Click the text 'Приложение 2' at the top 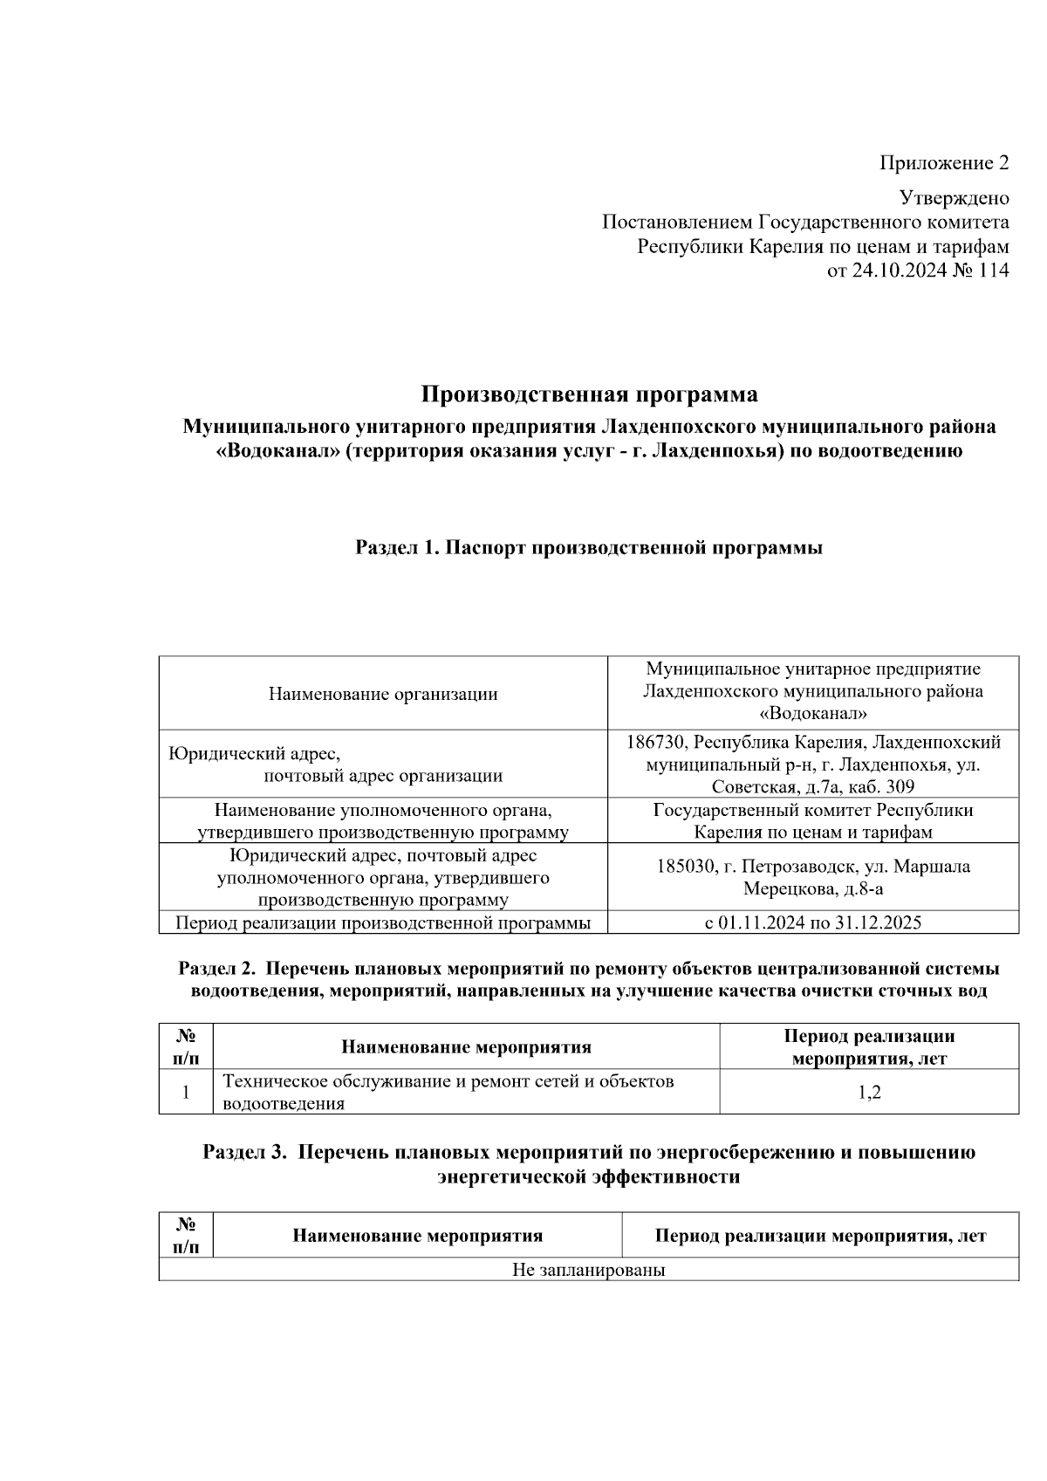944,163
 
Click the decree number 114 994,271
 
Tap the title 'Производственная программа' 589,394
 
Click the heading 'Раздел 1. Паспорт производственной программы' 589,548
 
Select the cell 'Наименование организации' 383,694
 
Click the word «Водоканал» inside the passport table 812,714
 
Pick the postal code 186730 656,743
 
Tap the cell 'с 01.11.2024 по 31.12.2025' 812,922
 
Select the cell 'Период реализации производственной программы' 383,922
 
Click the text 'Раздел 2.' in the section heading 217,969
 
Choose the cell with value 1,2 869,1092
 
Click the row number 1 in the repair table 186,1092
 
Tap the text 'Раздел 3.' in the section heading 244,1152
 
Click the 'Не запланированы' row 589,1270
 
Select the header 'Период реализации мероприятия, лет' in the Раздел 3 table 820,1236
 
